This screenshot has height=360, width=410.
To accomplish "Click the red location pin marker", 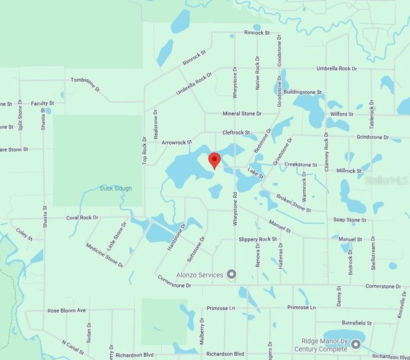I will (214, 160).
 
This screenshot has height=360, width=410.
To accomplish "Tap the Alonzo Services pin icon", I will (231, 274).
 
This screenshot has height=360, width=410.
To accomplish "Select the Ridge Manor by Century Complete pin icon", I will (356, 344).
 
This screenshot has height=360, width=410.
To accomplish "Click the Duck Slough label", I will (116, 188).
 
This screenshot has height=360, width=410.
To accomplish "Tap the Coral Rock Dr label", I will (82, 218).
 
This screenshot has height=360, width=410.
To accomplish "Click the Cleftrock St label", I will (236, 132).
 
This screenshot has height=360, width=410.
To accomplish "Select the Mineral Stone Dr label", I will (242, 114).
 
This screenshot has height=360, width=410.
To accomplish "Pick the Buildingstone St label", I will (303, 92).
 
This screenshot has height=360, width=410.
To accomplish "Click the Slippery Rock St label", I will (258, 239).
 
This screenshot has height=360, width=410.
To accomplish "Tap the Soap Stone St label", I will (350, 220).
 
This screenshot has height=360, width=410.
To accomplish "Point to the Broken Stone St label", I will (294, 202).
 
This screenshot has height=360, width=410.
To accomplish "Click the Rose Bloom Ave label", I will (66, 310).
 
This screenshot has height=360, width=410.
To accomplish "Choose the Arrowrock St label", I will (177, 142).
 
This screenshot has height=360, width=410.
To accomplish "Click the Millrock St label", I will (349, 171).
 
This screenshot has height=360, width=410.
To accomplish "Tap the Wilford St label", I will (342, 114).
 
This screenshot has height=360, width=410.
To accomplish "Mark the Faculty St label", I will (42, 103).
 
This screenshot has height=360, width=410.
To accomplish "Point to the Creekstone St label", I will (301, 164).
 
